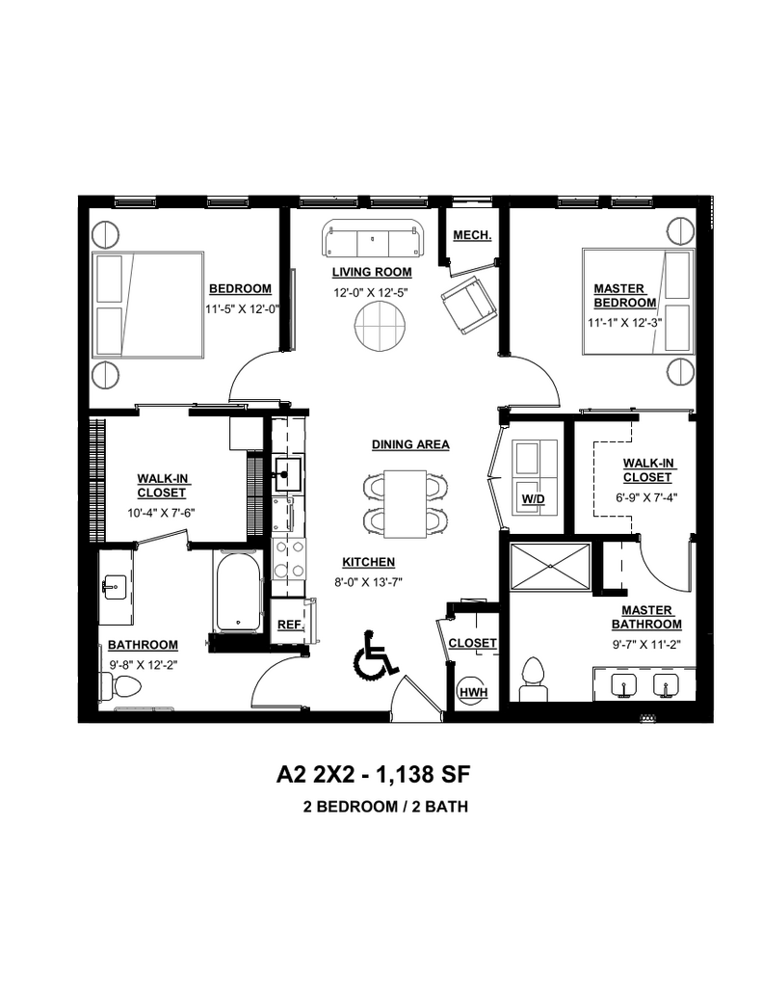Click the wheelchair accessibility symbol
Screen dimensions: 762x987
coord(376,654)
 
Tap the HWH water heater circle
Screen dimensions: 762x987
coord(472,690)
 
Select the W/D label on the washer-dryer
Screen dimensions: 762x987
coord(532,498)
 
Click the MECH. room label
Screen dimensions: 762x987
coord(472,235)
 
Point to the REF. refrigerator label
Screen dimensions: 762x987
coord(289,625)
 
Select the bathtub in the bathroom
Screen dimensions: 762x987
coord(237,593)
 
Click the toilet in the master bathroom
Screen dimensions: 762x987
coord(533,677)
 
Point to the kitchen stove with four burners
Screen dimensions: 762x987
coord(287,558)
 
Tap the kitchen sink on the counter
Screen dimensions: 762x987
coord(286,470)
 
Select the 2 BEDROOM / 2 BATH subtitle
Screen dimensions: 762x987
coord(384,807)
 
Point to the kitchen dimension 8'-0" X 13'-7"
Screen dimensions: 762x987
coord(369,580)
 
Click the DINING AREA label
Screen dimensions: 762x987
coord(410,444)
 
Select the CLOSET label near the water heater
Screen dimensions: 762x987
coord(473,643)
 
